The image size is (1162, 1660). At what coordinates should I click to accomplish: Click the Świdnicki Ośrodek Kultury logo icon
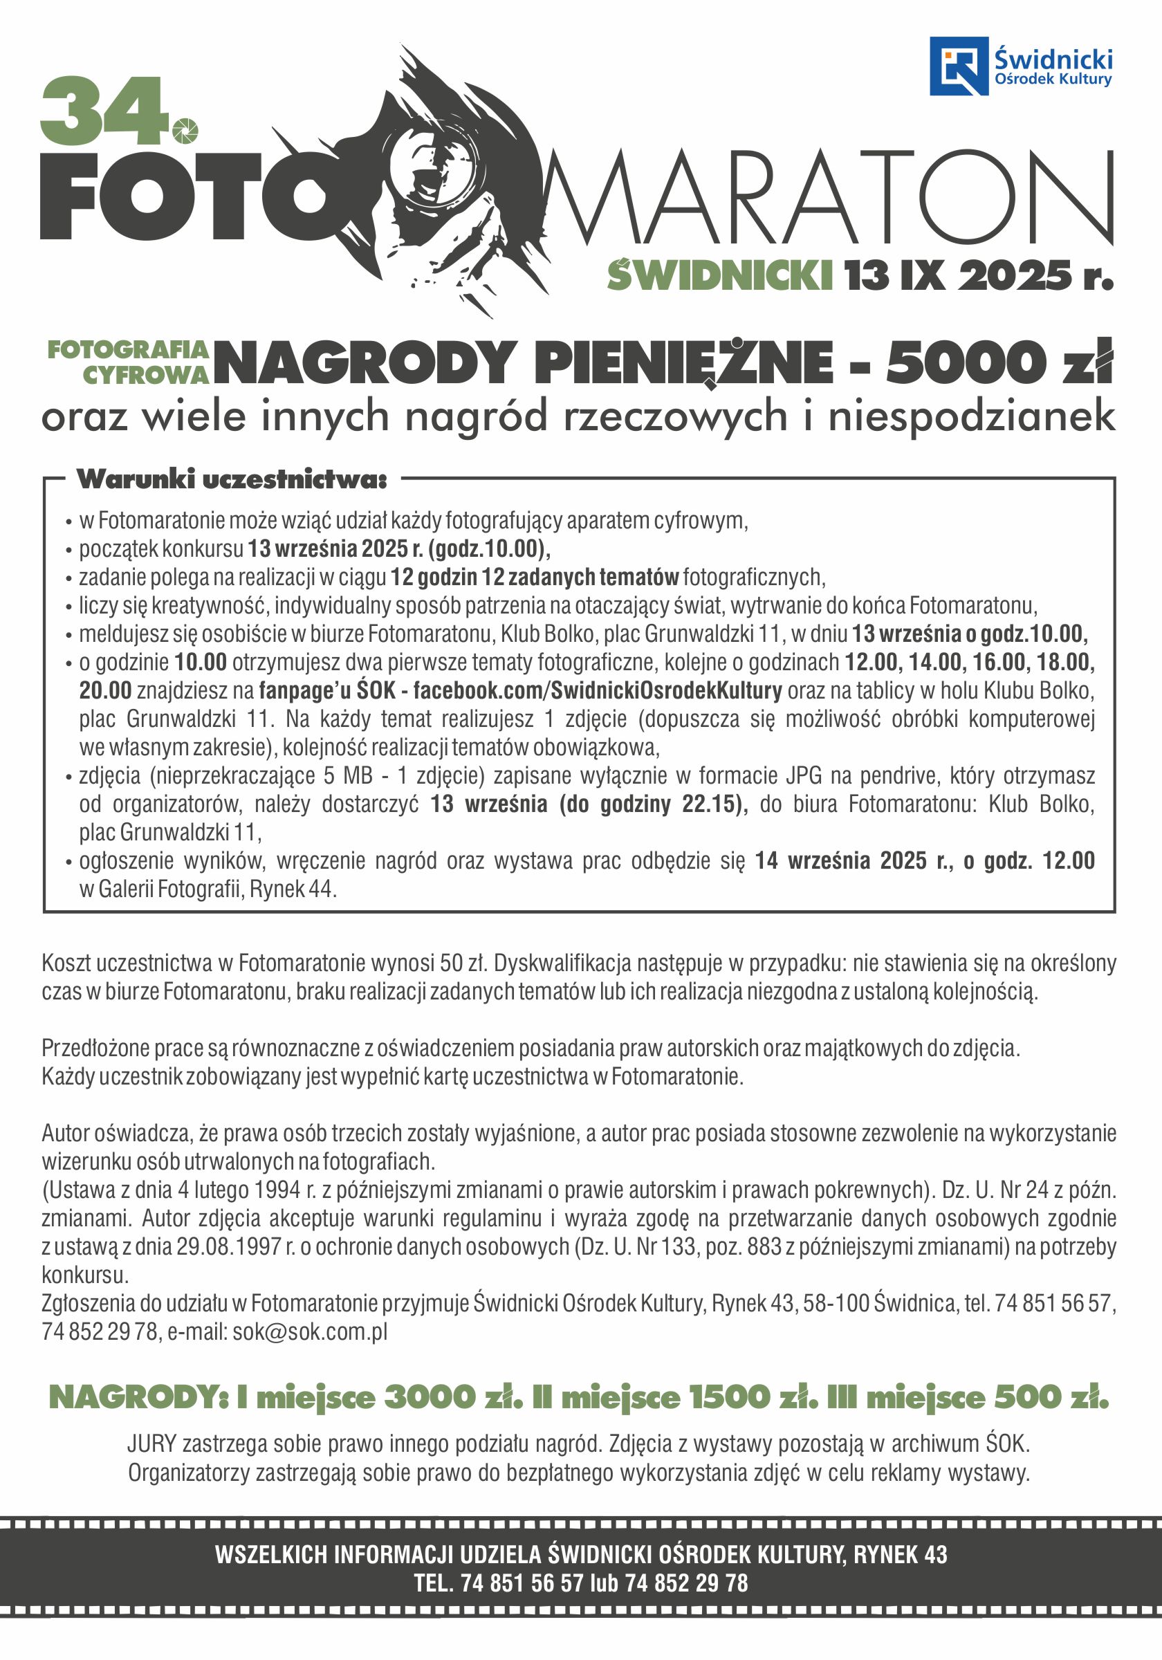958,66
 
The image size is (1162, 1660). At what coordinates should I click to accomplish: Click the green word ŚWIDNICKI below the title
719,275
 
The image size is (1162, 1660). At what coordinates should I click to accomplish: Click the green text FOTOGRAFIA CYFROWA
129,362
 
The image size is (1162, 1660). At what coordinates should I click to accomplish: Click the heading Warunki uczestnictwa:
232,479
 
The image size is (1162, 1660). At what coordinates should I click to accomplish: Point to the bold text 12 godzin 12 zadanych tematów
535,577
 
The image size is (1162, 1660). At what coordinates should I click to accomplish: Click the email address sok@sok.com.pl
309,1331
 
